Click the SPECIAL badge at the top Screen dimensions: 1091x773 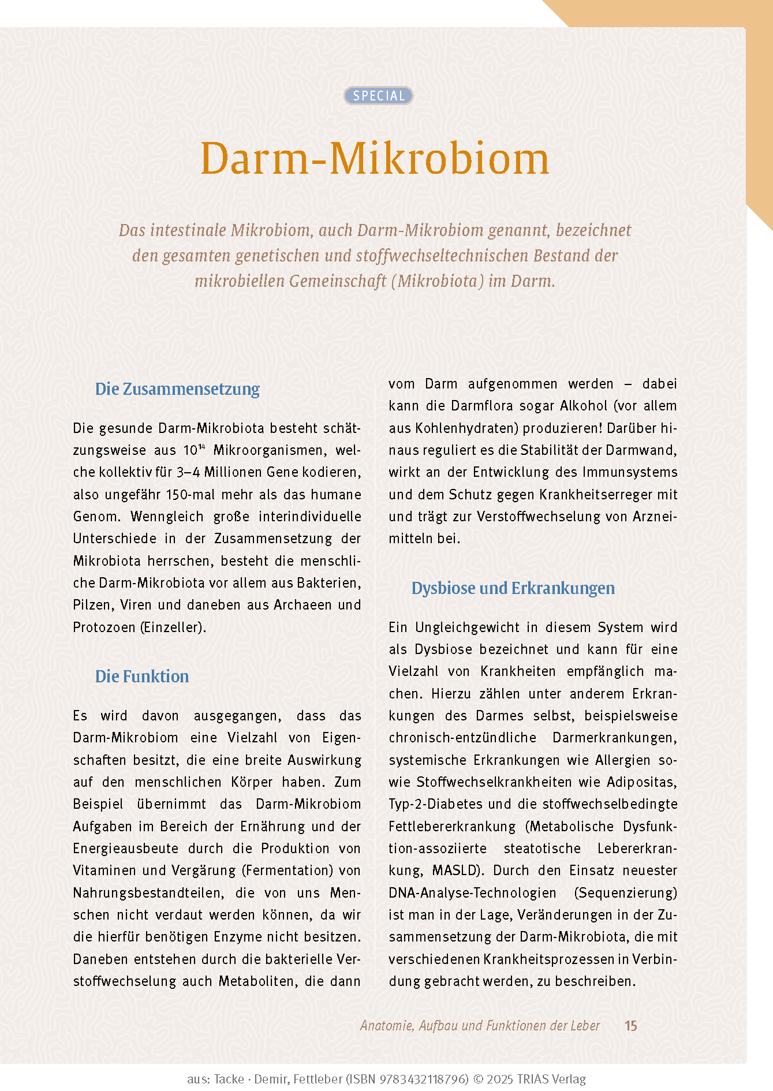pos(379,96)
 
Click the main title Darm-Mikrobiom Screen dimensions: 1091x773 pos(375,159)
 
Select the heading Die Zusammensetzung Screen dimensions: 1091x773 pos(177,388)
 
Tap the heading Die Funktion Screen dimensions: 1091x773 pos(142,676)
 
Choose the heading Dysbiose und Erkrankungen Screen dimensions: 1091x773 pos(513,588)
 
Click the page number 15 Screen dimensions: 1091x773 pos(630,1026)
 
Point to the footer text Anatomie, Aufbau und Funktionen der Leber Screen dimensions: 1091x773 pos(480,1026)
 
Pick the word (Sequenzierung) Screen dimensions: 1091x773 pos(625,893)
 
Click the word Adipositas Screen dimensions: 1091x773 pos(641,782)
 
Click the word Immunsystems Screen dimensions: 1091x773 pos(630,472)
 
